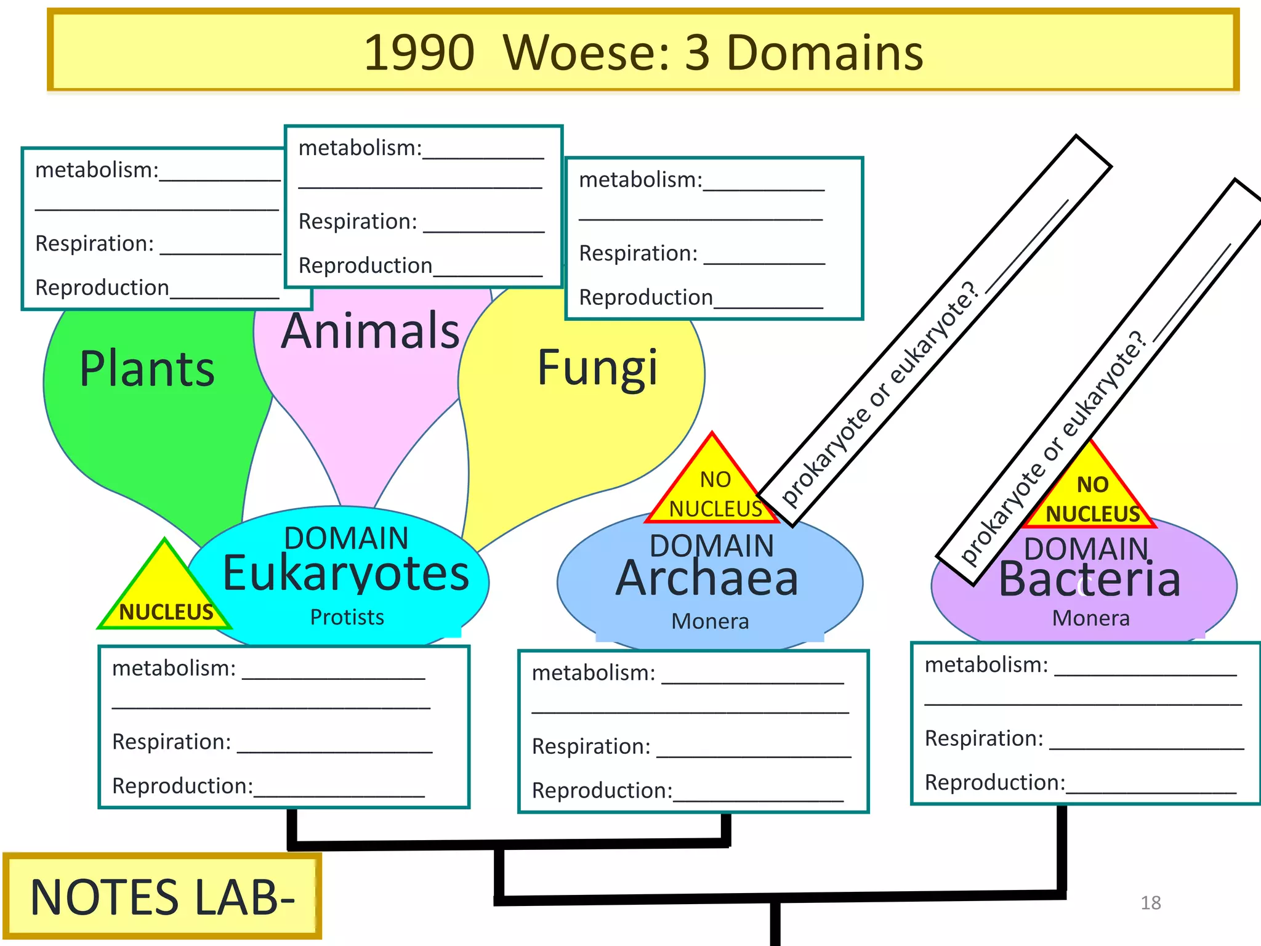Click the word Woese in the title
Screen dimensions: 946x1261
(585, 53)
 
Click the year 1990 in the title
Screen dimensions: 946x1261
(419, 53)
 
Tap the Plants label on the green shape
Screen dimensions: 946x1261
(147, 369)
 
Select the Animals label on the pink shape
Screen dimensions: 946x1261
(371, 331)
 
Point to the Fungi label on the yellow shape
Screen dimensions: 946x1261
(598, 368)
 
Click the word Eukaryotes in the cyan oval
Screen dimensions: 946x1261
(345, 574)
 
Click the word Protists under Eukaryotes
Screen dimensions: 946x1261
(347, 617)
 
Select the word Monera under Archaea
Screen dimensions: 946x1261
(710, 621)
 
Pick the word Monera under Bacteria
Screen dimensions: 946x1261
(1090, 618)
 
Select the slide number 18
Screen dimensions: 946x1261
(1150, 903)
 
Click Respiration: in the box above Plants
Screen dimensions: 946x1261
(94, 244)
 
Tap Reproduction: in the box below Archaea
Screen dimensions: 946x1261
(602, 790)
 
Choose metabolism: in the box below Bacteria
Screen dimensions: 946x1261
(986, 665)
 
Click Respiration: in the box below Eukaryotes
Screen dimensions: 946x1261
(171, 742)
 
